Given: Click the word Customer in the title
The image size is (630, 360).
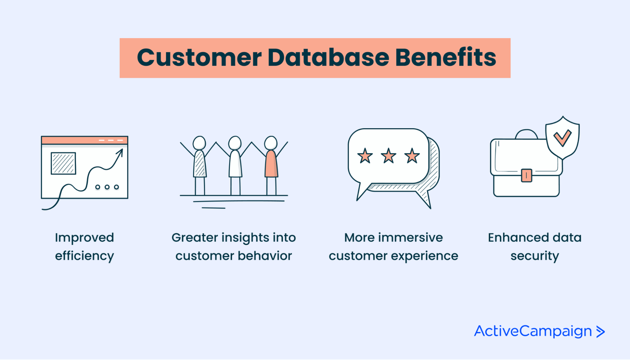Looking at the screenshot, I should tap(199, 58).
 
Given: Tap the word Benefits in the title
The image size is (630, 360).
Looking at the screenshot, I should tap(445, 58).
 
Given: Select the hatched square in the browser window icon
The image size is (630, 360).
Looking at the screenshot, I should tap(63, 163).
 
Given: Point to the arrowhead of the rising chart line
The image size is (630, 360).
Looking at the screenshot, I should tap(120, 151).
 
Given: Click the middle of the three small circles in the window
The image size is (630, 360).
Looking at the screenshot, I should tap(107, 187).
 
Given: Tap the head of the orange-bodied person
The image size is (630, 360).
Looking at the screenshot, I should tap(271, 143).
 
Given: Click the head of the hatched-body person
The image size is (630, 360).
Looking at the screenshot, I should tap(199, 143).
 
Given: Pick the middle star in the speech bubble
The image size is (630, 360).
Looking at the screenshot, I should tap(389, 156).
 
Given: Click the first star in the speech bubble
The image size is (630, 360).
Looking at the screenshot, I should tap(365, 156).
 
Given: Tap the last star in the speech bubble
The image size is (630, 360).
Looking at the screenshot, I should tap(412, 156).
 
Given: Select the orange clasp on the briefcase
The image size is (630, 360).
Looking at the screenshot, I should tap(526, 175).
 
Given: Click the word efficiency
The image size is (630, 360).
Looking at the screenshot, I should tap(84, 256).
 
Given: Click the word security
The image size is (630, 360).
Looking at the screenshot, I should tap(535, 256).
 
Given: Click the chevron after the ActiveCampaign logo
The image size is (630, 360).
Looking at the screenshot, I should tap(600, 332).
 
